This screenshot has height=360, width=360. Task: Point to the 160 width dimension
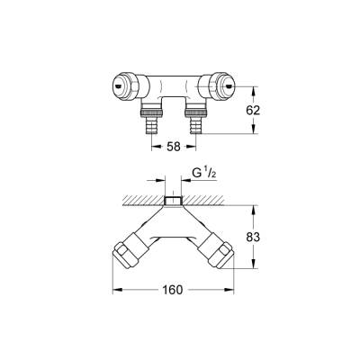175,289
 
